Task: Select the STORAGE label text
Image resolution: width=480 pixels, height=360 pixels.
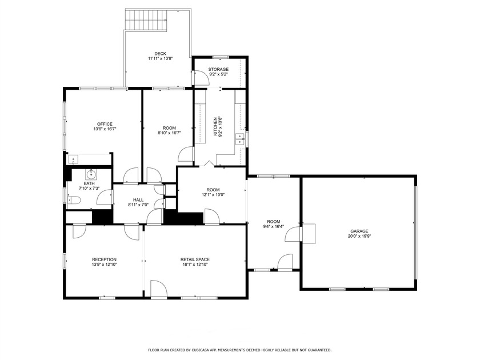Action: [x=218, y=69]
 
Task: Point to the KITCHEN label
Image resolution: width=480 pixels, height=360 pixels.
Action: [x=215, y=126]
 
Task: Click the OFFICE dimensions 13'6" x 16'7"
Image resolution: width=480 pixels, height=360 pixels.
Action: [x=104, y=130]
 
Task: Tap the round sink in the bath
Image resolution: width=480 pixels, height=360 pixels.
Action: [x=90, y=174]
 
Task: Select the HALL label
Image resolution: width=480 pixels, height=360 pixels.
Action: [x=138, y=199]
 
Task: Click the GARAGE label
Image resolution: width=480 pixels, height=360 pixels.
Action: [x=359, y=231]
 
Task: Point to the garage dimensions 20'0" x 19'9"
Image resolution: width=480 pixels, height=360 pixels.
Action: [x=359, y=237]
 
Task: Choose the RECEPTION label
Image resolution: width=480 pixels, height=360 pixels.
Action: [x=104, y=259]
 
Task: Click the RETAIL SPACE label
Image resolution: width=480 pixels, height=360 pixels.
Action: [x=195, y=259]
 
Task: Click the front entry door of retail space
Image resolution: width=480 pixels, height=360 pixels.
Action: [x=158, y=289]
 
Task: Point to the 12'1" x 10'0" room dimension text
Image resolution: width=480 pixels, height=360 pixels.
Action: [x=213, y=195]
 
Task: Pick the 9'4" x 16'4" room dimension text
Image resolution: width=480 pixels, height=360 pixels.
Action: [x=274, y=226]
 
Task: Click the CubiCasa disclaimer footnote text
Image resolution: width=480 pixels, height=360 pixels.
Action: [x=239, y=350]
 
